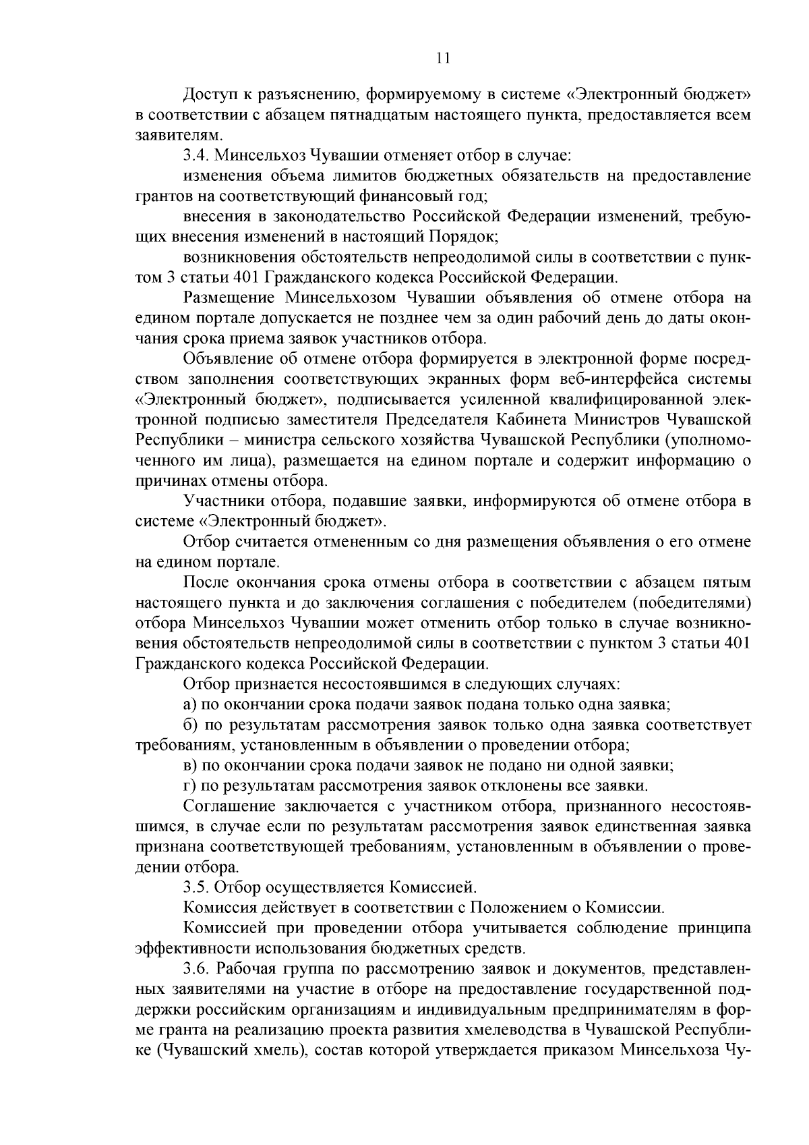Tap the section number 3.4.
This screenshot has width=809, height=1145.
[x=196, y=157]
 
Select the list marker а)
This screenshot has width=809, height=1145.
[x=189, y=704]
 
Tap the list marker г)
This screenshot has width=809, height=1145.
[x=189, y=785]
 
